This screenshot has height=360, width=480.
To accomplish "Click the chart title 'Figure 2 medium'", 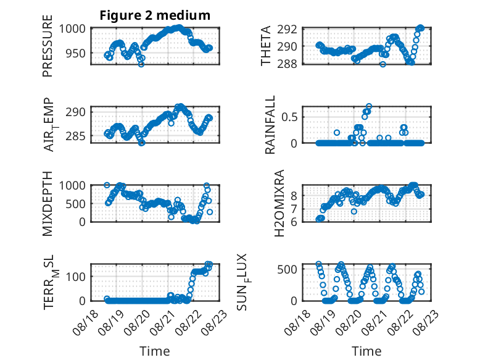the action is pos(155,15).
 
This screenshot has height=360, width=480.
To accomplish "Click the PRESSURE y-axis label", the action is pos(48,46).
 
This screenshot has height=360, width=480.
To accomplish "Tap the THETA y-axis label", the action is pos(266,46).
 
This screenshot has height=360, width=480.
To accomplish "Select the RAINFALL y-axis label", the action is pos(270,125).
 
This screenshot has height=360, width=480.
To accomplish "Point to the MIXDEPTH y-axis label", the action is pos(48,203).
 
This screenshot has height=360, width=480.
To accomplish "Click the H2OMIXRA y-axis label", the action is pos(279,203).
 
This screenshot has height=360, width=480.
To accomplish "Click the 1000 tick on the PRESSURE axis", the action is pos(72,29).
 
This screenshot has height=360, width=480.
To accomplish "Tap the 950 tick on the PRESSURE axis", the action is pos(75,53).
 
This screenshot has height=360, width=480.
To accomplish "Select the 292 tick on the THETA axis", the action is pos(287,30).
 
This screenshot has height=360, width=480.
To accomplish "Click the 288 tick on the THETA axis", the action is pos(287,64).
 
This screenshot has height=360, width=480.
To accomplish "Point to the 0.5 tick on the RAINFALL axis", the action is pos(289,117).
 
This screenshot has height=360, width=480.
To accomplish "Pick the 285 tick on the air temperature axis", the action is pos(75,136).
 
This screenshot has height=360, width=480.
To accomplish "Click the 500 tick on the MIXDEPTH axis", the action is pos(75,203).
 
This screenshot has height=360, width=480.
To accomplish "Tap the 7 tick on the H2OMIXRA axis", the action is pos(294,209).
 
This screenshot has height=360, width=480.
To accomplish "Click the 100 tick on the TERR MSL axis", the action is pos(75,277).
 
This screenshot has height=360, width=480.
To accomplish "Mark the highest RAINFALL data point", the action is pos(369,107).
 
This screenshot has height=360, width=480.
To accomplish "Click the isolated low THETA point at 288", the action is pos(383,64).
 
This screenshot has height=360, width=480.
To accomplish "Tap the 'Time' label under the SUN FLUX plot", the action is pos(366,351).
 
